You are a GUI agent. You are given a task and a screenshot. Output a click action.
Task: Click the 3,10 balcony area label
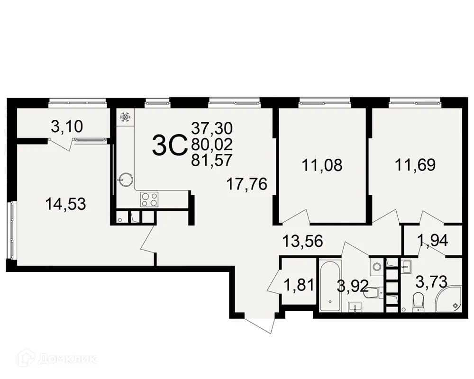pyautogui.click(x=67, y=126)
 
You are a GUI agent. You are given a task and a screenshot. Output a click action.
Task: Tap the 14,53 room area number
pyautogui.click(x=65, y=204)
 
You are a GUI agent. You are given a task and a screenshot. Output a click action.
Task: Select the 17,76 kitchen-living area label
pyautogui.click(x=247, y=184)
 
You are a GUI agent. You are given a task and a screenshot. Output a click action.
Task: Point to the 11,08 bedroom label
pyautogui.click(x=322, y=165)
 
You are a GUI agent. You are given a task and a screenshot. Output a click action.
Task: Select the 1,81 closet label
pyautogui.click(x=299, y=286)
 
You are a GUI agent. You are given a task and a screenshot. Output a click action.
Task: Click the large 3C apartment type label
pyautogui.click(x=169, y=145)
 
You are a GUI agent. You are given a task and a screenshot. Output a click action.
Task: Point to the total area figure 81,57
pyautogui.click(x=212, y=161)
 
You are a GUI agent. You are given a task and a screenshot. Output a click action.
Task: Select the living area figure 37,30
pyautogui.click(x=212, y=127)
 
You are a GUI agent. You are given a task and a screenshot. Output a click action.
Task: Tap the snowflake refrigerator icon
pyautogui.click(x=125, y=117)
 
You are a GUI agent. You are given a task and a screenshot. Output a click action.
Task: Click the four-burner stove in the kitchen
pyautogui.click(x=149, y=199)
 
